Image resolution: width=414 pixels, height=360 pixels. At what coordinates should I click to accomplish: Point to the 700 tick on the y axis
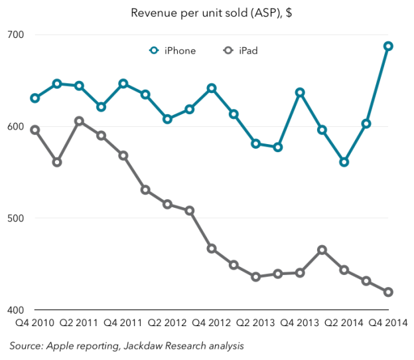point(15,35)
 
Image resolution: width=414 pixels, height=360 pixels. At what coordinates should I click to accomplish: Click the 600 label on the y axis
point(15,127)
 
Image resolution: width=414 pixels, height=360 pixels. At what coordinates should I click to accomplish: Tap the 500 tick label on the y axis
point(15,219)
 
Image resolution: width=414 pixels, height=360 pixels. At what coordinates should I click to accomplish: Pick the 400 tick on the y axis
point(15,310)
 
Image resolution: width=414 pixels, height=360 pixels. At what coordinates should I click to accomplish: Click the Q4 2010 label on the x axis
point(35,323)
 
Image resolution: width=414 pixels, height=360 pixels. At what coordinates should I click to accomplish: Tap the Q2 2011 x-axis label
point(79,323)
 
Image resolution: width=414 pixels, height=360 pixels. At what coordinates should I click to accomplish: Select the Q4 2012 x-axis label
point(212,323)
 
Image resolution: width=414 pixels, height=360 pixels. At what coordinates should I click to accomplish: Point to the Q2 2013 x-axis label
point(255,323)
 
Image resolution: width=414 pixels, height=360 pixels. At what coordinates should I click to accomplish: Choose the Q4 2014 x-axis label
point(387,323)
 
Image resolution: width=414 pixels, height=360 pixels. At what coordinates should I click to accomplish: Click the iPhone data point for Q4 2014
point(388,46)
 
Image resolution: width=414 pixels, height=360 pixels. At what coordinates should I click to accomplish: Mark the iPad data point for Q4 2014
point(388,292)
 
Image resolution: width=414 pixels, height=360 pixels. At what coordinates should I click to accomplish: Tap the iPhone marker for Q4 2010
point(35,98)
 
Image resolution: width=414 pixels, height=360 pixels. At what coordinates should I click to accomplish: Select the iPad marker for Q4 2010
point(35,130)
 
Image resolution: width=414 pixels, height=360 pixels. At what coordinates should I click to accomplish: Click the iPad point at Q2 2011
point(79,121)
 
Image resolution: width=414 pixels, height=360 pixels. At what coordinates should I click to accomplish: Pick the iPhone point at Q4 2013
point(300,92)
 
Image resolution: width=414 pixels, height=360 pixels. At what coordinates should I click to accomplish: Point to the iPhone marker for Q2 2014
point(344,162)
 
